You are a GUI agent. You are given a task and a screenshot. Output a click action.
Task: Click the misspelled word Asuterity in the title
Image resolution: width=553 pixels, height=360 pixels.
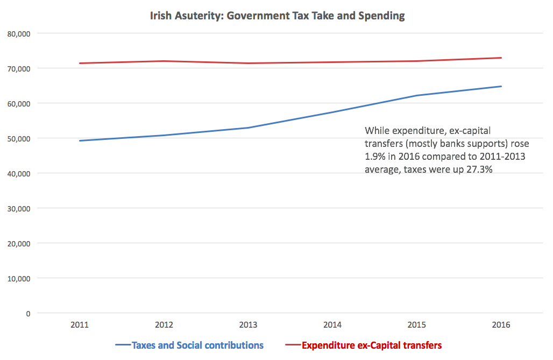[x=201, y=16]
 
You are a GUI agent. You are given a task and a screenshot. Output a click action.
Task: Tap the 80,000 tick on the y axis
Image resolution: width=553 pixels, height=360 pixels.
[x=19, y=34]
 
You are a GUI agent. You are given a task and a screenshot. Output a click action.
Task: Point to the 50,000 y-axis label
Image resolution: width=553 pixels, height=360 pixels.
[x=19, y=139]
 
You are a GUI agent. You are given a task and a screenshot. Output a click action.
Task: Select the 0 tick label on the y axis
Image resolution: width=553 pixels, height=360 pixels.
[x=28, y=314]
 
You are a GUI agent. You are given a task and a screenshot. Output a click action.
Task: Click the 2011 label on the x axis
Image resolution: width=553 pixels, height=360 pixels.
[x=79, y=326]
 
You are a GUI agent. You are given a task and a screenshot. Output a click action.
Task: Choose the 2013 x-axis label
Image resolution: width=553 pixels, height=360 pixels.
[x=248, y=326]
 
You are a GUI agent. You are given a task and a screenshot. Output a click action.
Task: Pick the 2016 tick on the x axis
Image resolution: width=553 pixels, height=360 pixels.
[x=501, y=326]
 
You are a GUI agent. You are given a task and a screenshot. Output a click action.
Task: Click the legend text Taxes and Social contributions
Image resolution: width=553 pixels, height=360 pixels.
[x=197, y=345]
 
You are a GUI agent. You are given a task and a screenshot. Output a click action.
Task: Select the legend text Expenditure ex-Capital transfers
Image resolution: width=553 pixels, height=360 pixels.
[x=371, y=345]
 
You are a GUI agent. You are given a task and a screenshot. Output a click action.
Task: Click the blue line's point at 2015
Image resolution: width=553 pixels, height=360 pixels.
[x=417, y=96]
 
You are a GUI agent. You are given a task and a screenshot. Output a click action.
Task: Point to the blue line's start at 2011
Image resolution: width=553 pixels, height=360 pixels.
[x=80, y=141]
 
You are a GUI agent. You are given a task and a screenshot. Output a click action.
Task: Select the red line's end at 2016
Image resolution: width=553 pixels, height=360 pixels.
[x=501, y=58]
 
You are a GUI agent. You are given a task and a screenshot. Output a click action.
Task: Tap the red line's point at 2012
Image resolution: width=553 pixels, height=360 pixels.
[x=164, y=61]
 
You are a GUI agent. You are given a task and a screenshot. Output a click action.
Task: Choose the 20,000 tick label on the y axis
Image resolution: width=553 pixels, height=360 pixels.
[x=19, y=244]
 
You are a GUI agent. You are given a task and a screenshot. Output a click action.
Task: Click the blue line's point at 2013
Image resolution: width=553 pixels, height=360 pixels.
[x=248, y=128]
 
